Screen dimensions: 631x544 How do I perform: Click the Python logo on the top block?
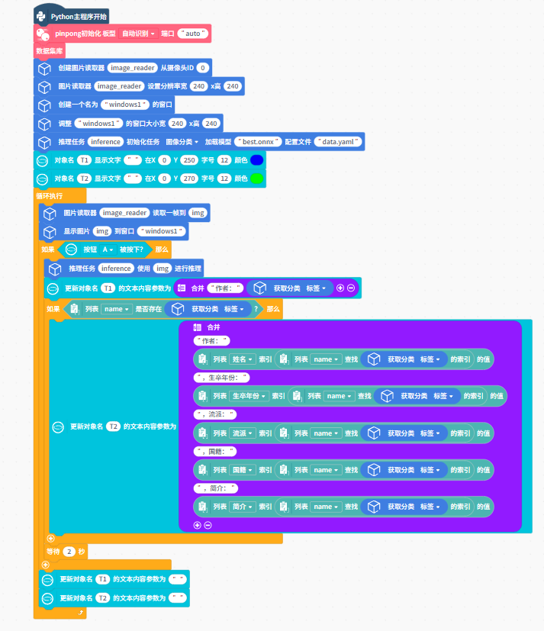[x=40, y=15]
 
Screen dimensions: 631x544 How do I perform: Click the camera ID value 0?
[x=203, y=68]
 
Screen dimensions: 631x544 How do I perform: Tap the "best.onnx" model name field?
[x=258, y=141]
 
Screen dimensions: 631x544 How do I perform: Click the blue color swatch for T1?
[x=257, y=160]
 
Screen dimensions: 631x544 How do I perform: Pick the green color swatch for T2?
[x=257, y=179]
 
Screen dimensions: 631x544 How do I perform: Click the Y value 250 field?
[x=190, y=160]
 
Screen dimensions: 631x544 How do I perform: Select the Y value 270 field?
[x=190, y=179]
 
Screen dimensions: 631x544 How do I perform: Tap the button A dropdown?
[x=108, y=250]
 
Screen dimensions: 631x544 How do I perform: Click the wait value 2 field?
[x=69, y=551]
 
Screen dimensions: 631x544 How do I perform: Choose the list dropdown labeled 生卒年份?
[x=250, y=396]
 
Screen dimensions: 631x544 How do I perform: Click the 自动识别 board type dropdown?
[x=139, y=34]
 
